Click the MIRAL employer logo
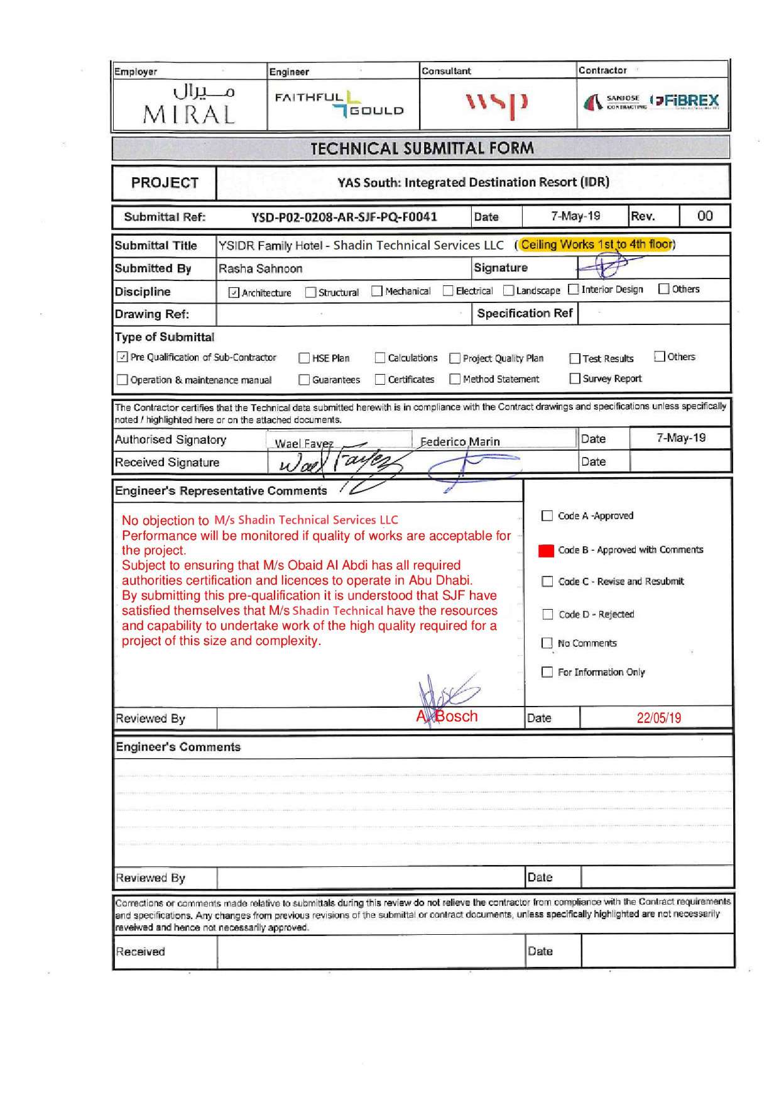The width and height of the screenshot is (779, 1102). (x=189, y=104)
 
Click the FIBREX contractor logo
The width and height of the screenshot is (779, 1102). (x=685, y=101)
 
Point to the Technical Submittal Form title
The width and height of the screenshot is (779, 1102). (x=422, y=148)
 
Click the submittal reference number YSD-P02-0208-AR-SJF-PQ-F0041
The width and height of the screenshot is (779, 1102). (x=344, y=217)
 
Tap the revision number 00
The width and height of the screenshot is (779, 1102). (x=705, y=216)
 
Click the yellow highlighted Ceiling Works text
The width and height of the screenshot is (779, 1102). (x=596, y=245)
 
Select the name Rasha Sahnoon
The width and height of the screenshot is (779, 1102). (x=261, y=269)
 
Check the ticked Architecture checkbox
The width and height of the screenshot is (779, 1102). (x=234, y=292)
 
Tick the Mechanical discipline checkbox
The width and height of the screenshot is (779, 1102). (x=377, y=291)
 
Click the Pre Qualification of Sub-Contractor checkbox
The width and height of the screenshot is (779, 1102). (x=122, y=357)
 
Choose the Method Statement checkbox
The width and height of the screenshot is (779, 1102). (x=455, y=379)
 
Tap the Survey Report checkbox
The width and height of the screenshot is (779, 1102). (x=574, y=378)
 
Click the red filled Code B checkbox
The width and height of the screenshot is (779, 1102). (x=547, y=550)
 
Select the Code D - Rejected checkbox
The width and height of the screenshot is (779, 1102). (x=547, y=614)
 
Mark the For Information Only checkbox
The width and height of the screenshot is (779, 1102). (x=547, y=672)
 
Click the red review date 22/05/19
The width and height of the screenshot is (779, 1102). (x=658, y=718)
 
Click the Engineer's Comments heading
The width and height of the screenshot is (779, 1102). (x=178, y=747)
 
